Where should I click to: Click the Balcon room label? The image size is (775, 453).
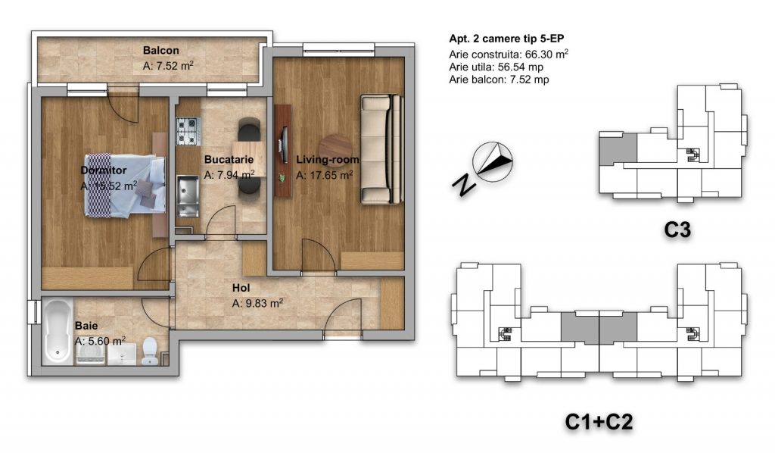point(161,51)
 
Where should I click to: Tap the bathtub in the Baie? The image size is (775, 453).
point(58,331)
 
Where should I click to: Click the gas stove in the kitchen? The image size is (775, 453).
point(188,131)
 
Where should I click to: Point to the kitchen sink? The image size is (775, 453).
point(188,196)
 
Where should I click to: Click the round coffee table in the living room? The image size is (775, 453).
point(335,150)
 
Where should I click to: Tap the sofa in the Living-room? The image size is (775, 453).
point(381,149)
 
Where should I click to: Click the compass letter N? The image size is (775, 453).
point(464,185)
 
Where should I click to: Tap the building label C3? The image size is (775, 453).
point(677,230)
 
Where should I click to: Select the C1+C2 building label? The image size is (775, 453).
point(599,423)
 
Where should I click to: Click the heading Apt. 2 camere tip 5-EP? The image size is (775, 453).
point(506,39)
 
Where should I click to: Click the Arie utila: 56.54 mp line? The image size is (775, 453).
point(496,67)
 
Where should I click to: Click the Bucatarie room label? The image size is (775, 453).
point(229,160)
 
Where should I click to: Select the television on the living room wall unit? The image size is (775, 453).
point(283,145)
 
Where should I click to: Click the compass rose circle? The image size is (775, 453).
point(492,161)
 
